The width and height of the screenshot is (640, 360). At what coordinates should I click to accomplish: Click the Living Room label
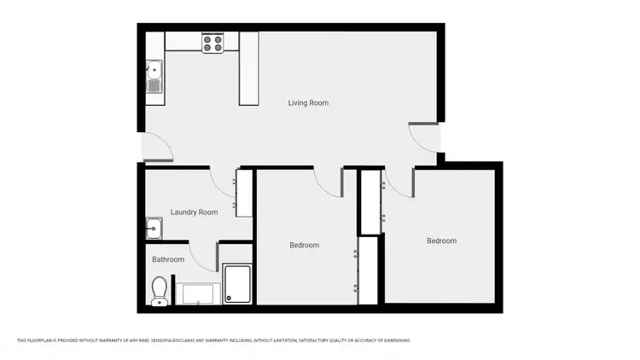click(x=307, y=103)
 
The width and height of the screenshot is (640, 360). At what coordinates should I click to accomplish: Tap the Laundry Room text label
click(x=194, y=212)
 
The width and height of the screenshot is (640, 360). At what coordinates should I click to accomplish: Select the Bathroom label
click(x=168, y=259)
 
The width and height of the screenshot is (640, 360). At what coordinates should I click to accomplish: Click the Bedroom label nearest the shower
click(x=304, y=246)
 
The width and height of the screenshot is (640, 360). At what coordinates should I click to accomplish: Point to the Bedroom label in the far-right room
click(x=441, y=241)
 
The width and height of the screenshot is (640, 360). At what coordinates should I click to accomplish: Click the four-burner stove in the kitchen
click(x=212, y=43)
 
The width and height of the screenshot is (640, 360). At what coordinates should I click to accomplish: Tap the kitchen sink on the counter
click(x=154, y=78)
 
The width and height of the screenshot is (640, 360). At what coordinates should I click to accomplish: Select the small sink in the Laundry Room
click(x=154, y=228)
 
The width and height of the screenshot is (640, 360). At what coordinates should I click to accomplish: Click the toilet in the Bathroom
click(x=159, y=291)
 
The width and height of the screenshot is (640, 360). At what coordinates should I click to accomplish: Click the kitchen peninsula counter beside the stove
click(x=248, y=69)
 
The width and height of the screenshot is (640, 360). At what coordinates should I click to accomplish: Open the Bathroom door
click(x=203, y=256)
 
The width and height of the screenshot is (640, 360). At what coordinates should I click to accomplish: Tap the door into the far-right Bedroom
click(x=399, y=180)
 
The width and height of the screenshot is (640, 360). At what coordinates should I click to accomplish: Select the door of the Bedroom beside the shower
click(x=329, y=180)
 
